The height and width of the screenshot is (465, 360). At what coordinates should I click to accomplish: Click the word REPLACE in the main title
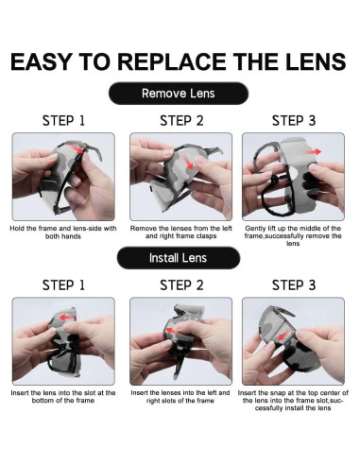172,61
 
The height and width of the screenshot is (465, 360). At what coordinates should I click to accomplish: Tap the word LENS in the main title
316,61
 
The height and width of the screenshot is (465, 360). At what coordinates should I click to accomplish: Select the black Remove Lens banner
179,94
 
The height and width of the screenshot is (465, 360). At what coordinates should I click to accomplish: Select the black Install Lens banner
179,258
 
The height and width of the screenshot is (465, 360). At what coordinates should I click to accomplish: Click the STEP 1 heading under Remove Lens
63,121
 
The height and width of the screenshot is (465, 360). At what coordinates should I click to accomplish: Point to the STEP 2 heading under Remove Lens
181,121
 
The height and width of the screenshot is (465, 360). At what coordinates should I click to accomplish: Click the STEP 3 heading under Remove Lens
294,121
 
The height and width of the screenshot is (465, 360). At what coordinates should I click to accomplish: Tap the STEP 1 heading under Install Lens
63,285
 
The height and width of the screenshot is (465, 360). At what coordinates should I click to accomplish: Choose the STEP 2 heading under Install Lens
181,285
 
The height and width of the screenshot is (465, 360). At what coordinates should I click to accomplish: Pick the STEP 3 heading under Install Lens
294,285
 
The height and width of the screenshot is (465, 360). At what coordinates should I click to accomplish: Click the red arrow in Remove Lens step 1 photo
77,148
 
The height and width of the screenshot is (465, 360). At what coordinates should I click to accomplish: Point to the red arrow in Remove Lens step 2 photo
189,163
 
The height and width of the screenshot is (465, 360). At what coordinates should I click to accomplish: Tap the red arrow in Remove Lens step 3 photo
313,152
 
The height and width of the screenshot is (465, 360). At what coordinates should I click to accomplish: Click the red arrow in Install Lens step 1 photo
67,318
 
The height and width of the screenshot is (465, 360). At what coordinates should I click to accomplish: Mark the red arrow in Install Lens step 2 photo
172,331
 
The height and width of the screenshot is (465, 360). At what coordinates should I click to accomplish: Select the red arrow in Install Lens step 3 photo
283,336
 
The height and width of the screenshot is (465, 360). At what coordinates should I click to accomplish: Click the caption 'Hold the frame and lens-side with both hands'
63,232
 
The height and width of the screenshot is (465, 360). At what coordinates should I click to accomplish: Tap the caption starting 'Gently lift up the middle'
293,236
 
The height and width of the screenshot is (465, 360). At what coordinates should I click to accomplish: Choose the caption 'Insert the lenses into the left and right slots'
180,397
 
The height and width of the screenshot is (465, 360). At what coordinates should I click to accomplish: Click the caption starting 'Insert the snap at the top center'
293,401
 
